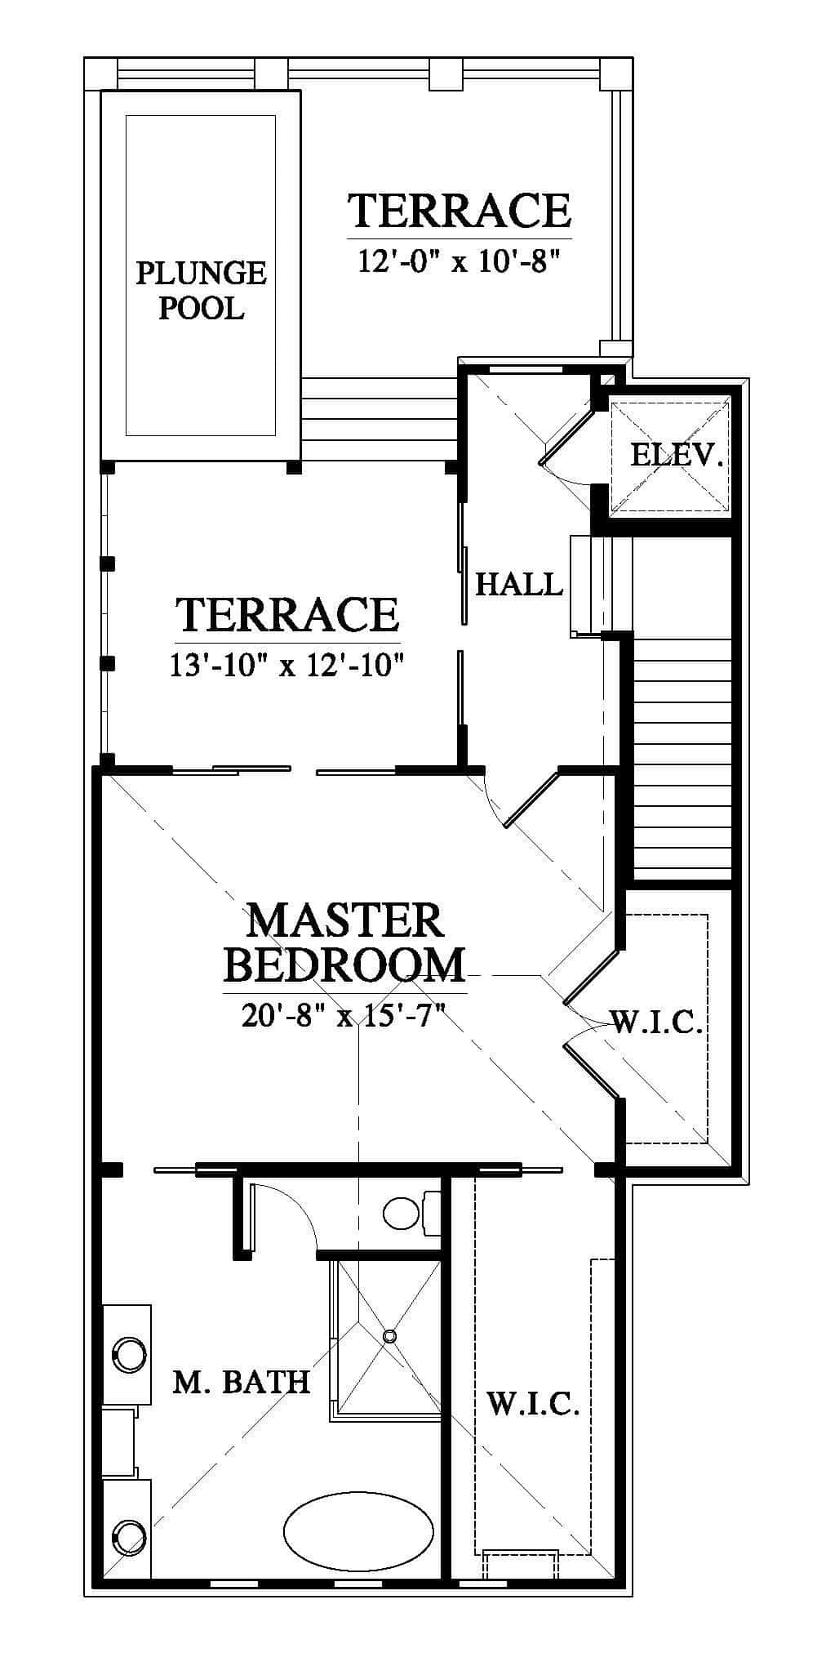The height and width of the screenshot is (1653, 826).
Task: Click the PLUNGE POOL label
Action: (201, 290)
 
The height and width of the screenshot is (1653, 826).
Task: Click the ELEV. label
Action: (677, 454)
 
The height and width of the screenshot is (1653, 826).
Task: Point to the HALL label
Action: (519, 584)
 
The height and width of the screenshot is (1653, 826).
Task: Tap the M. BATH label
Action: (242, 1382)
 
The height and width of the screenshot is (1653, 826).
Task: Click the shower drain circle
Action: (389, 1336)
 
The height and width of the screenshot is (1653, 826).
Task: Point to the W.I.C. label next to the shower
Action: (533, 1404)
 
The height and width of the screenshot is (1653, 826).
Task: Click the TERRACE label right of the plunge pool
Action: (460, 210)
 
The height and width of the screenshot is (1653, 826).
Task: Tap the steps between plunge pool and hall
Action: (378, 419)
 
